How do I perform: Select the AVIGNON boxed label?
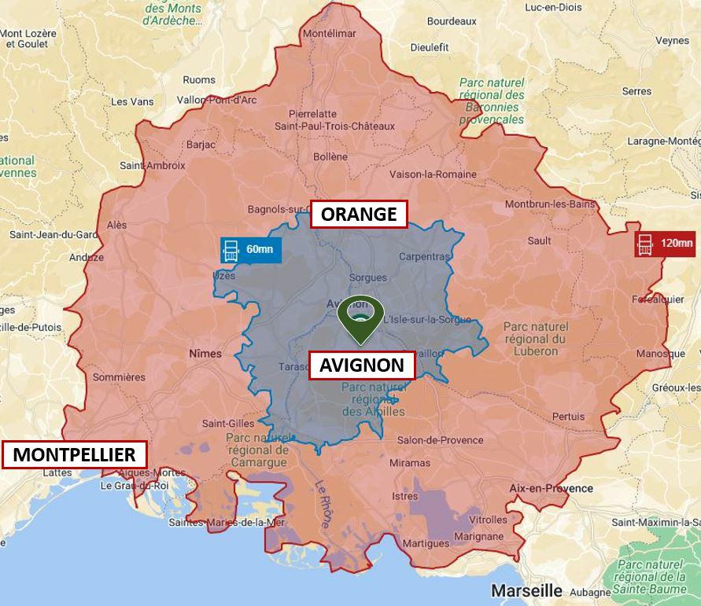point(361,365)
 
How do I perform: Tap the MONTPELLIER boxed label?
point(74,454)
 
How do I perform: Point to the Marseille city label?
point(526,589)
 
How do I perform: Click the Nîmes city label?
point(205,354)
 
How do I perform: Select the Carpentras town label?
point(424,256)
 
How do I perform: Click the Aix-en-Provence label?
point(551,488)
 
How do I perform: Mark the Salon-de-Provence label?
point(440,440)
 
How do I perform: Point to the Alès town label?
point(116,225)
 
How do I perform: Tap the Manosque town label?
point(660,354)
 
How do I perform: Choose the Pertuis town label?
point(568,416)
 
